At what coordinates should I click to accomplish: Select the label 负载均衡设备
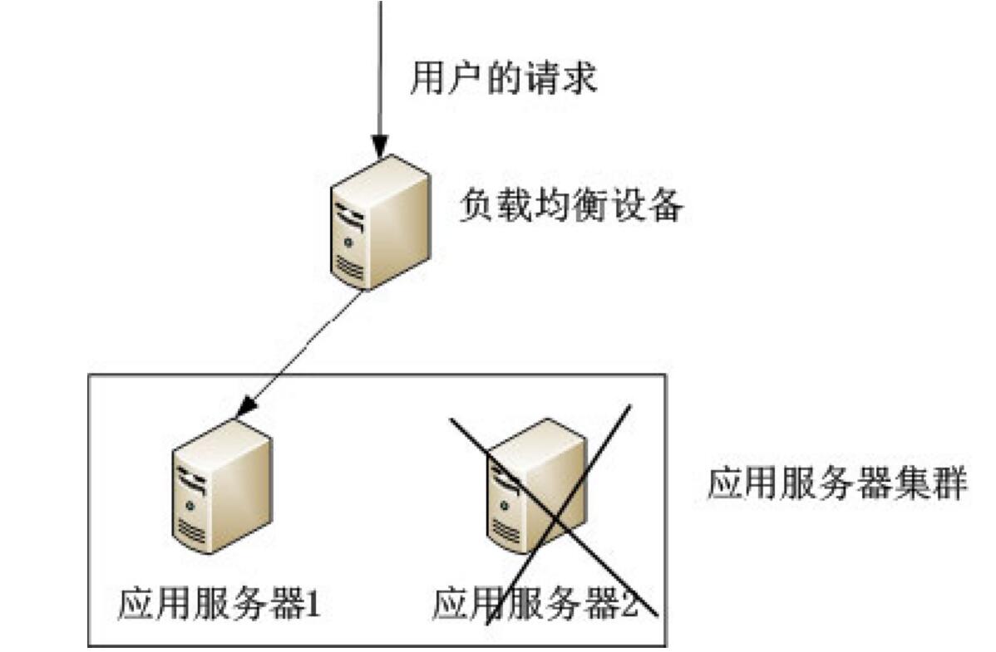[x=570, y=208]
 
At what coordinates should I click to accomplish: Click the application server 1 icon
[x=221, y=485]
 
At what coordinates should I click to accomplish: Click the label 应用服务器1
[x=219, y=604]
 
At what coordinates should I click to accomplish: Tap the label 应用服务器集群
[x=837, y=485]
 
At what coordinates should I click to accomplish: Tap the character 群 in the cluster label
[x=949, y=485]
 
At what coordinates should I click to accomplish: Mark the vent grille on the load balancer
[x=349, y=268]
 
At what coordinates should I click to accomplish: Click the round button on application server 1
[x=190, y=505]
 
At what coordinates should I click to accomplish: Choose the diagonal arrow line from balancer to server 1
[x=303, y=349]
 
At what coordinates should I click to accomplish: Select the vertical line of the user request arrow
[x=380, y=66]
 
